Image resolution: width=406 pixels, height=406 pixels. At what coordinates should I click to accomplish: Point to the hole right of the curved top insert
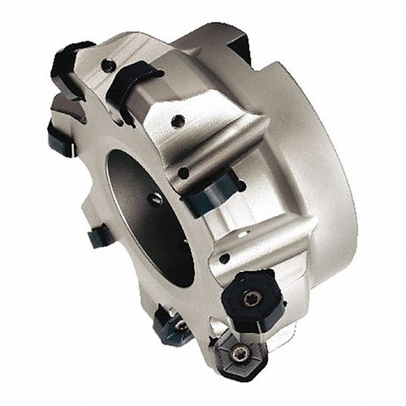(177, 122)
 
